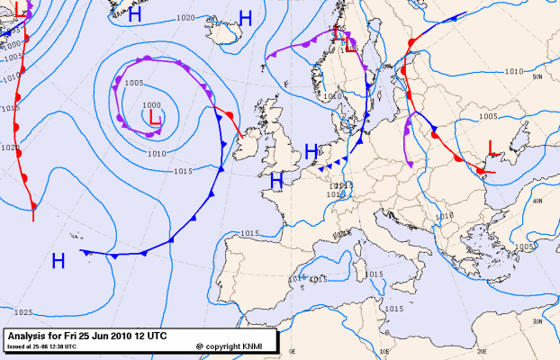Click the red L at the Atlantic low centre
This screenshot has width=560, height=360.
pos(155,117)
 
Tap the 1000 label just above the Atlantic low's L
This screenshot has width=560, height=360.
pos(152,105)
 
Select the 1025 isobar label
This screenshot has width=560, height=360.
pos(23,312)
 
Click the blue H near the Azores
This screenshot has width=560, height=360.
pos(59,261)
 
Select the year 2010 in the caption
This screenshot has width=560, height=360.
pos(125,336)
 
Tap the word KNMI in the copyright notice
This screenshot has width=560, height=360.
pos(257,346)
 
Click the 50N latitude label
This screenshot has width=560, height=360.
pos(537,77)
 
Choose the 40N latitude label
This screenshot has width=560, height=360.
pos(537,202)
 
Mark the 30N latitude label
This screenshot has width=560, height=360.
pos(537,321)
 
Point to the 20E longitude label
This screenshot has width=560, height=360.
pos(481,353)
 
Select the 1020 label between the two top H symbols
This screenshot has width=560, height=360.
pos(186,18)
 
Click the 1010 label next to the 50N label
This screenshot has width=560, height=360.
pos(514,71)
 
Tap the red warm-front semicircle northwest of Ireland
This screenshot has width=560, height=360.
pos(230,116)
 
